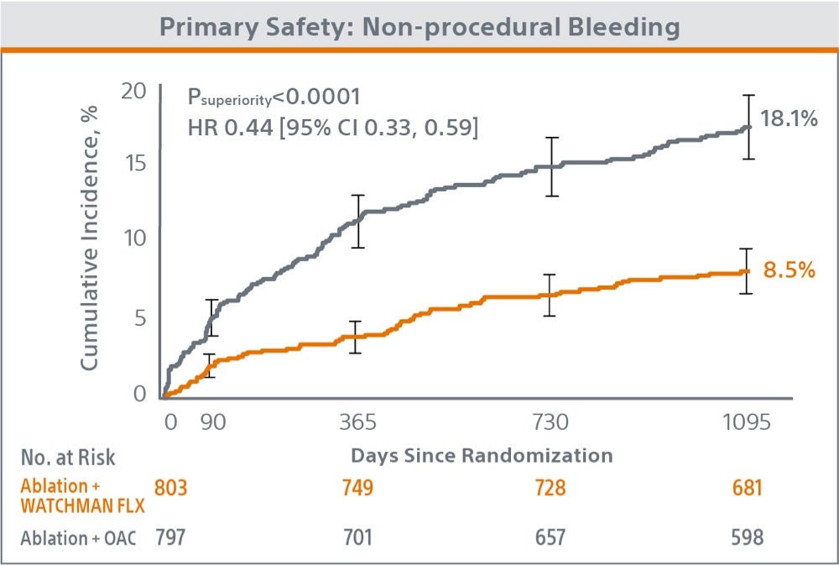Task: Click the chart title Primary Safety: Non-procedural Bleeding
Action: point(419,26)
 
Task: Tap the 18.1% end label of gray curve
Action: point(788,119)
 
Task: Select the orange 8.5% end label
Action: point(789,271)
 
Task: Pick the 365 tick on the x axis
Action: point(357,422)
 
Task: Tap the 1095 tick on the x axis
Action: point(746,422)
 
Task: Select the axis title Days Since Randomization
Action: point(481,456)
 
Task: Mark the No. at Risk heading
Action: point(68,457)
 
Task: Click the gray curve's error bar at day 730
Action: point(552,166)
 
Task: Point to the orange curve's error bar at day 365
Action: point(356,337)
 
